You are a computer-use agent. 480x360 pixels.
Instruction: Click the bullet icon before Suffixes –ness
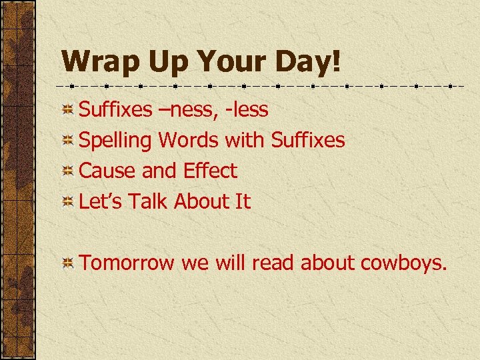pyautogui.click(x=68, y=110)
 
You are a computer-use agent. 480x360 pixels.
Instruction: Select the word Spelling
pyautogui.click(x=116, y=141)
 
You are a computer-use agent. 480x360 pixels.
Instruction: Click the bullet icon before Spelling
pyautogui.click(x=68, y=141)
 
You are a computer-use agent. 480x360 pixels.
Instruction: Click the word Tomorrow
pyautogui.click(x=127, y=263)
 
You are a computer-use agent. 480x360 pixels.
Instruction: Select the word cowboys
pyautogui.click(x=404, y=263)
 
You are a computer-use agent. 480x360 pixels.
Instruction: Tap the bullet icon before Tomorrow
pyautogui.click(x=68, y=264)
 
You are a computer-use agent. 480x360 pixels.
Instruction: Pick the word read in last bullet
pyautogui.click(x=274, y=263)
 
